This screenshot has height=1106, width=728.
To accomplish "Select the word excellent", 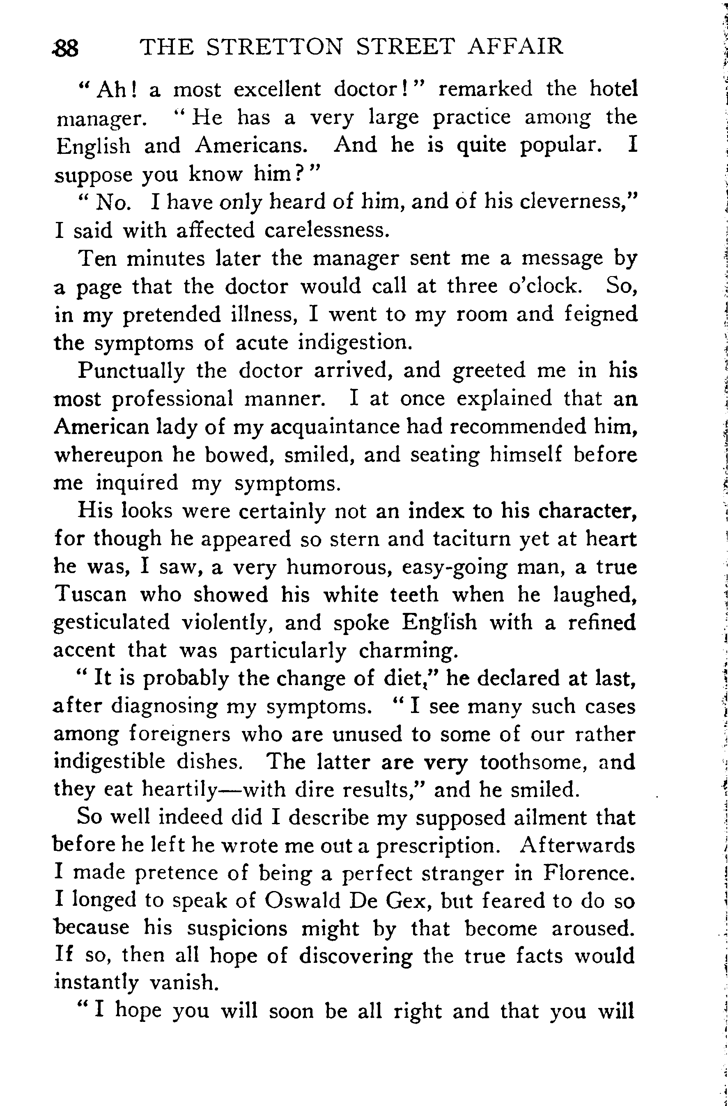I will pos(277,89).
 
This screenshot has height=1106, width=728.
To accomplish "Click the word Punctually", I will pos(131,371).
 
